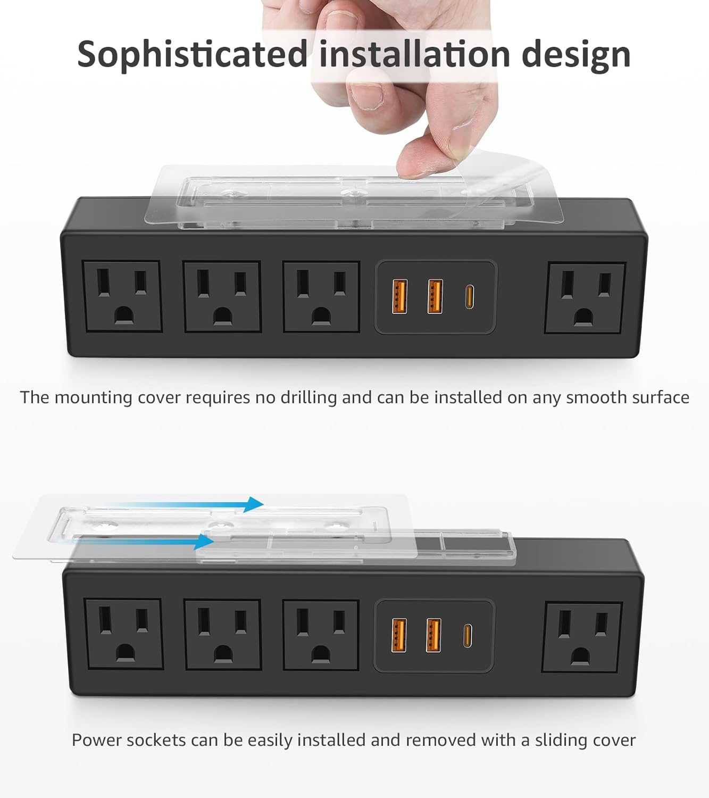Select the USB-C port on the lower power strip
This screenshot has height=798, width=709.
[x=467, y=635]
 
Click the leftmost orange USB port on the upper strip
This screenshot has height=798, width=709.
[x=399, y=296]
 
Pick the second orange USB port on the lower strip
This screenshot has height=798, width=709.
[x=433, y=635]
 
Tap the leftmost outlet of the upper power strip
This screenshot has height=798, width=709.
[x=122, y=296]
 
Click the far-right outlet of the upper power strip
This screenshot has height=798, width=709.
[x=585, y=298]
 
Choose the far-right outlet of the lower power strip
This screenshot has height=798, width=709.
[x=582, y=637]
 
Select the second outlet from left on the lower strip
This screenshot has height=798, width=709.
[x=222, y=635]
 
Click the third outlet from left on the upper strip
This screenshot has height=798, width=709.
[x=321, y=297]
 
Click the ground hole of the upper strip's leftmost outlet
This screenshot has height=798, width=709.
[x=123, y=316]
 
